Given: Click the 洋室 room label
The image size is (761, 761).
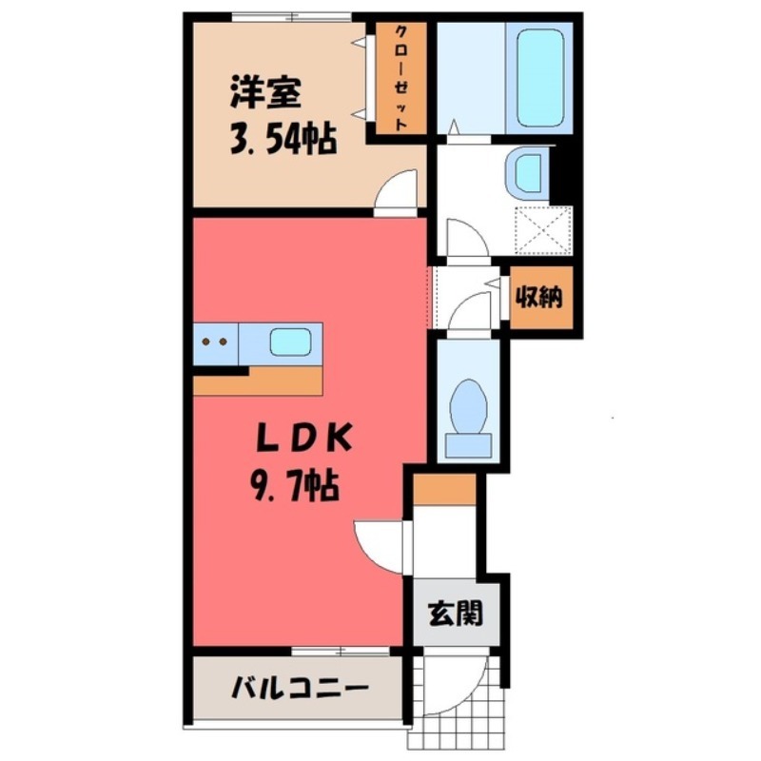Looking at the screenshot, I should click(x=264, y=95).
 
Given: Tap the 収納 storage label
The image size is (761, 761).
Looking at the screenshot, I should click(x=539, y=298).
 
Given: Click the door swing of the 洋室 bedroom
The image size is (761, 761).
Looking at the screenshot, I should click(x=398, y=189).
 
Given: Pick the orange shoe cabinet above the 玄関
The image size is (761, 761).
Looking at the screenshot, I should click(x=444, y=489).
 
